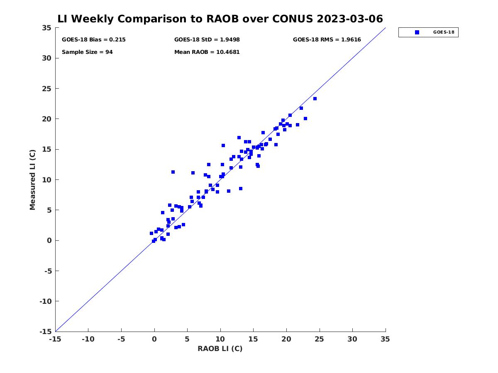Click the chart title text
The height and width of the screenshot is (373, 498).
click(x=220, y=19)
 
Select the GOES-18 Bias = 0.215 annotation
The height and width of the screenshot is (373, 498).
click(x=93, y=40)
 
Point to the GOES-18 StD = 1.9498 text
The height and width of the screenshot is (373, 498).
click(x=207, y=40)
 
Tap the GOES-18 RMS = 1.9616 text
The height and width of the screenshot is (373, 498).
click(x=327, y=40)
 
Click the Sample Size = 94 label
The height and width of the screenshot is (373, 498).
click(x=87, y=52)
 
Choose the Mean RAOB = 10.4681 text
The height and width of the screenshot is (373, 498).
click(x=207, y=52)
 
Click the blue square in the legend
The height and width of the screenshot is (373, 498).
click(x=417, y=32)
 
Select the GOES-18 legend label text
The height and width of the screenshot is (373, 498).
click(x=443, y=32)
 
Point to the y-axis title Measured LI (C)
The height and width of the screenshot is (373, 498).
click(x=32, y=179)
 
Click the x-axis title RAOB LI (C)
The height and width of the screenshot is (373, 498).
click(x=220, y=348)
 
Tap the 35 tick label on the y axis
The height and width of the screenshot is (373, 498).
click(x=46, y=28)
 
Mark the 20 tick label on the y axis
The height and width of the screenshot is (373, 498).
click(x=46, y=119)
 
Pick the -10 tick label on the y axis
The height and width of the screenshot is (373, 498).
click(x=46, y=301)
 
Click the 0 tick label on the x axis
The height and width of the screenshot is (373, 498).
click(x=154, y=339)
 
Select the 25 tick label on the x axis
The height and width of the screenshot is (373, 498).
click(x=319, y=339)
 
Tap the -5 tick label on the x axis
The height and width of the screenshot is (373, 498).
click(x=121, y=339)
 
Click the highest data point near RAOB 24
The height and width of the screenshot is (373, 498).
click(x=315, y=99)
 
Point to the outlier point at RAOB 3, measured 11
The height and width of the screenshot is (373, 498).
click(x=173, y=172)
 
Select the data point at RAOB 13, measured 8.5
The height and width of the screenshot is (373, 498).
click(x=240, y=189)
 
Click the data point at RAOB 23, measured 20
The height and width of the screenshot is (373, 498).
click(x=305, y=119)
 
